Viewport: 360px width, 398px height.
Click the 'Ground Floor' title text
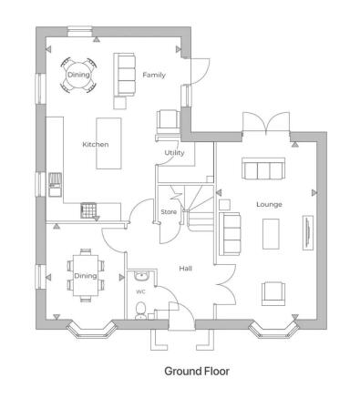(x=197, y=372)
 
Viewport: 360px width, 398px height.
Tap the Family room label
(x=154, y=75)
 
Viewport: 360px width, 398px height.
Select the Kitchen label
(x=95, y=144)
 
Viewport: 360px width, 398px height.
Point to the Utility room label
(x=174, y=153)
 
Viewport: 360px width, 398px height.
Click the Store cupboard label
(x=169, y=212)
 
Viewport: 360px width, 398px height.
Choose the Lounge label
(x=269, y=205)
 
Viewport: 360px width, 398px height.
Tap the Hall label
(x=185, y=268)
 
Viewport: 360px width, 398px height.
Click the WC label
(x=140, y=291)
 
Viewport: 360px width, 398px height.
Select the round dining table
(x=78, y=75)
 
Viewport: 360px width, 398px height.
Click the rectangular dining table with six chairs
(x=85, y=274)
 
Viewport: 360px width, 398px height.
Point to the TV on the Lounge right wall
(x=306, y=230)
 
